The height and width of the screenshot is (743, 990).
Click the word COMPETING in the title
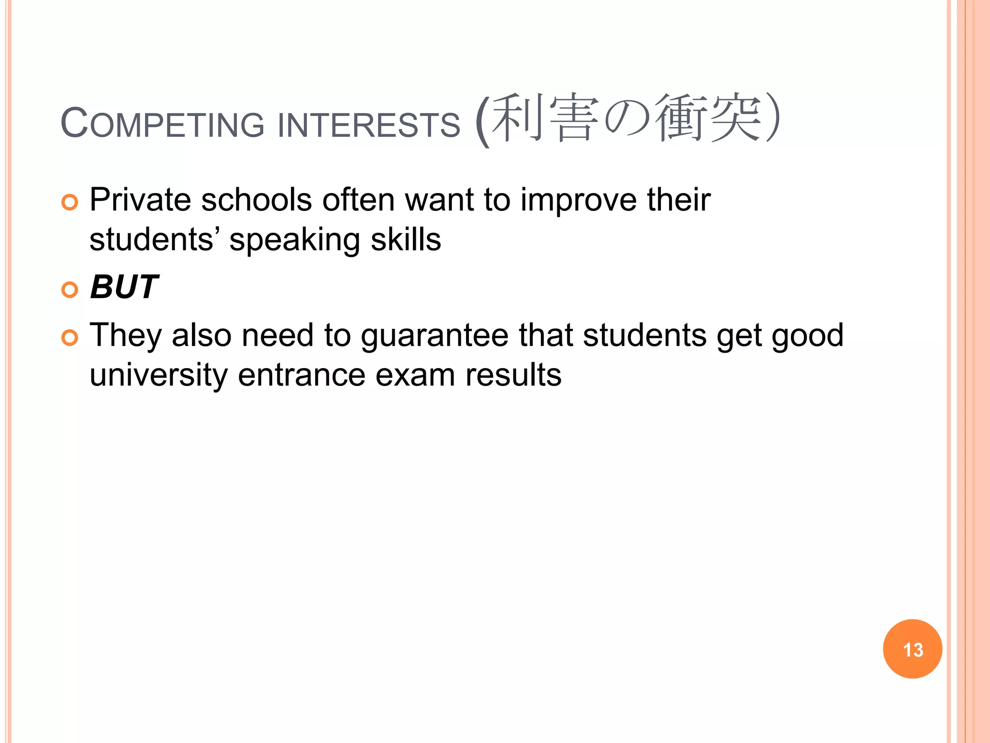pyautogui.click(x=162, y=124)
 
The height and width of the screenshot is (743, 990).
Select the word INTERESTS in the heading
pyautogui.click(x=369, y=125)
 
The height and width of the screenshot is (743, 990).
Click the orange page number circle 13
pyautogui.click(x=912, y=649)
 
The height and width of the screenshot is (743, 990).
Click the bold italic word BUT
pyautogui.click(x=124, y=287)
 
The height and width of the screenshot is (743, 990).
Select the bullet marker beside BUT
pyautogui.click(x=70, y=290)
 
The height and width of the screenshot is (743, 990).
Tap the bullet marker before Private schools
pyautogui.click(x=70, y=202)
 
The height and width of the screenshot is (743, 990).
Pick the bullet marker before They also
pyautogui.click(x=70, y=338)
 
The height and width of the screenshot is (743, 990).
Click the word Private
pyautogui.click(x=140, y=200)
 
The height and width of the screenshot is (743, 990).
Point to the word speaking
pyautogui.click(x=294, y=240)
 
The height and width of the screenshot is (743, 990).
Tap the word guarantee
pyautogui.click(x=435, y=336)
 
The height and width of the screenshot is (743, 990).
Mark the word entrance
pyautogui.click(x=301, y=375)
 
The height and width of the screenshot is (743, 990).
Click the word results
pyautogui.click(x=513, y=375)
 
